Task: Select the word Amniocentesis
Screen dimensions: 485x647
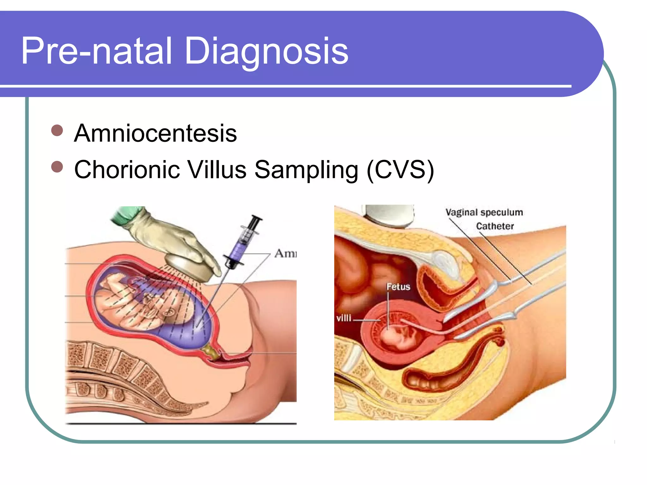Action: [x=155, y=133]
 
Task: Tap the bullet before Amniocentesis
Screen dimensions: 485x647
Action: [x=57, y=130]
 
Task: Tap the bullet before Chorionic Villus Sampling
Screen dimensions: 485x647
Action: [x=57, y=166]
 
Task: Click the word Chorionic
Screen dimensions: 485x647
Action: [x=127, y=170]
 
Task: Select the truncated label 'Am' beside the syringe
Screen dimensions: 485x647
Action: [x=285, y=254]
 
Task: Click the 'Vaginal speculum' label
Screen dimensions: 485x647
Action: [x=484, y=212]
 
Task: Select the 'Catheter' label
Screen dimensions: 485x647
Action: [x=495, y=226]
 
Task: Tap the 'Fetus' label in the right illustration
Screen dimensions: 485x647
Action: [x=398, y=287]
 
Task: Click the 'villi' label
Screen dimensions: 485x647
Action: [x=344, y=318]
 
